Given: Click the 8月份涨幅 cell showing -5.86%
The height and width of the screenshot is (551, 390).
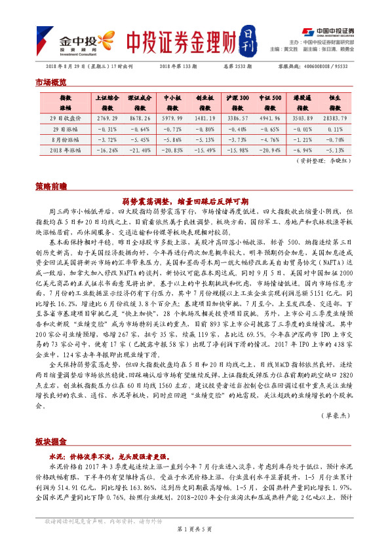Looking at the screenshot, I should pos(172,139).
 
